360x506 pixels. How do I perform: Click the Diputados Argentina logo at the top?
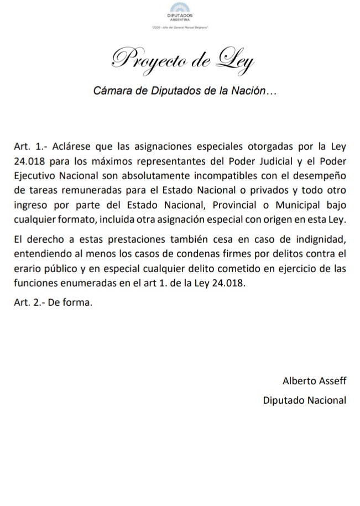click(180, 12)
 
